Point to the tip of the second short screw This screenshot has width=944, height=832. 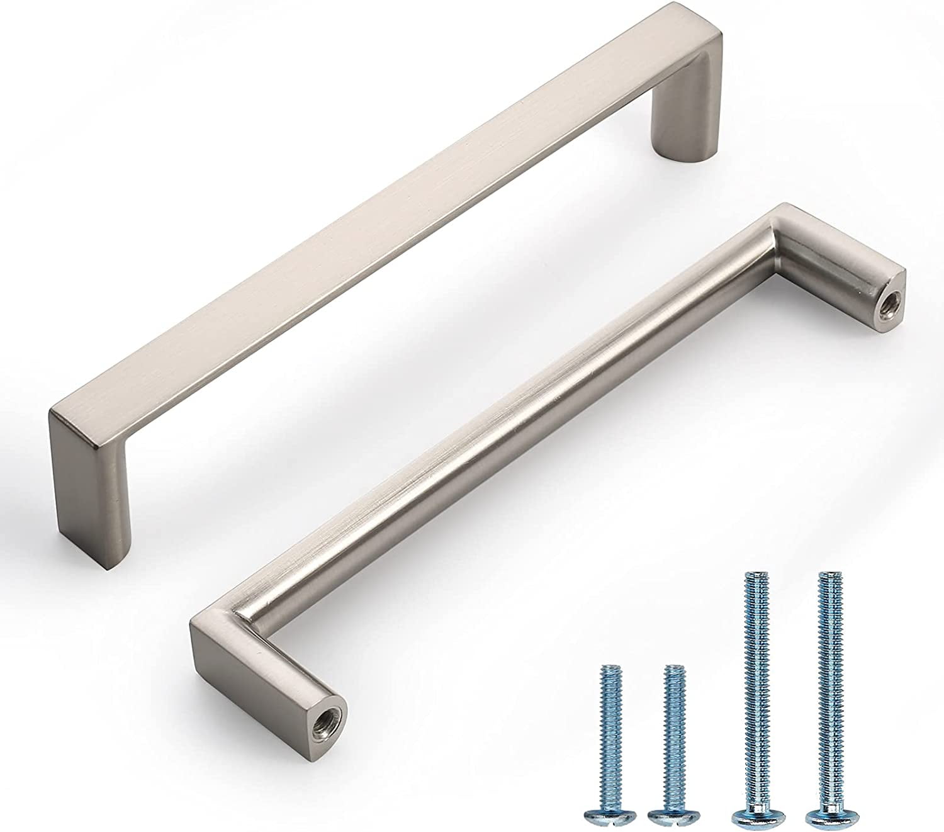(675, 668)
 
